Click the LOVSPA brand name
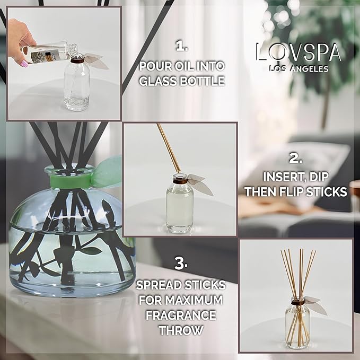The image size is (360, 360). point(298,52)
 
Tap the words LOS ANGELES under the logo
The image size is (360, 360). point(298,68)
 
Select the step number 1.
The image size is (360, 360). point(182,47)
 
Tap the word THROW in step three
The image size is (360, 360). point(181,330)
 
